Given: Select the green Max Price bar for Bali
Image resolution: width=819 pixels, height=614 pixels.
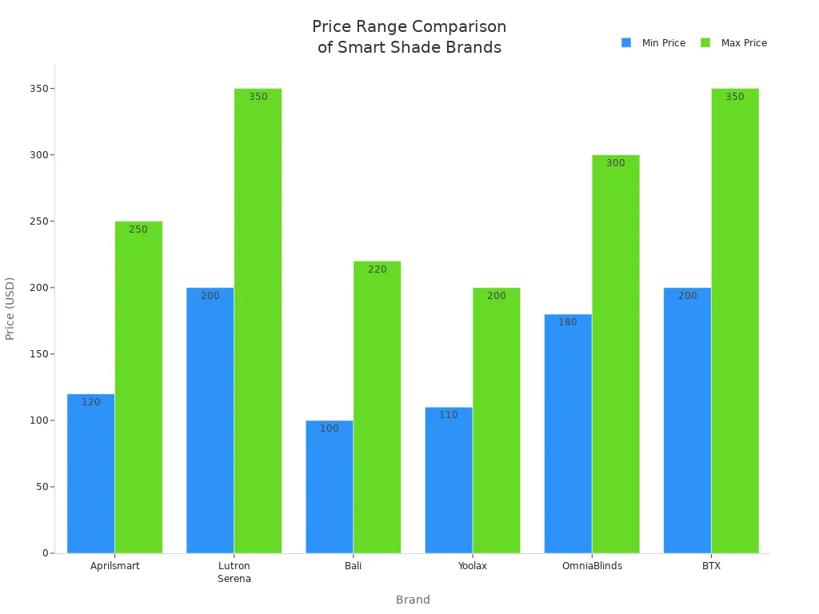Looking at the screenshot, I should [x=377, y=407].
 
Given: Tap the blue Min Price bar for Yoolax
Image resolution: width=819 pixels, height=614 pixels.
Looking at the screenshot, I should [x=448, y=480].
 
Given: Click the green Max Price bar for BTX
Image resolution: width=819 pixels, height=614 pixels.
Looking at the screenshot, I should [x=734, y=321].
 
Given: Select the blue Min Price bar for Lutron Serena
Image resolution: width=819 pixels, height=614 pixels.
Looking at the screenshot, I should [x=210, y=420].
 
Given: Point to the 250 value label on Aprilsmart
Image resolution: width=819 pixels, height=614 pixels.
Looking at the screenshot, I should [x=138, y=229].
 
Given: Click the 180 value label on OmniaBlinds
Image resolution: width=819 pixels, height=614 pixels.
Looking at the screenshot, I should [x=567, y=322].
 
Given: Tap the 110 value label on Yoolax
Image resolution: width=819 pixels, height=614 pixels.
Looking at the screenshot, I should [x=448, y=415].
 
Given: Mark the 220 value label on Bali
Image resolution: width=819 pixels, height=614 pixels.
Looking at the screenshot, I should [x=377, y=269].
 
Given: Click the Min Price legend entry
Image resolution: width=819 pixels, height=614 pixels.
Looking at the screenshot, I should [x=653, y=43].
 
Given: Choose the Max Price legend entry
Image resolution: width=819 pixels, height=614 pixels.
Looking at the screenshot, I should [x=733, y=43].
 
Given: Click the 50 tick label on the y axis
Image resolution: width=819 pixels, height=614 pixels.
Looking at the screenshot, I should [x=38, y=487].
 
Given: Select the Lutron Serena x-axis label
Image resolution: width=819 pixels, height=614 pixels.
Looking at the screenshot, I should [x=234, y=572].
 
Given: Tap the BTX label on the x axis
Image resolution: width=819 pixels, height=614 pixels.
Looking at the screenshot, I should [x=710, y=566].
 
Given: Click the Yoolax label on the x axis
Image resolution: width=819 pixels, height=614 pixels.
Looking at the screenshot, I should [x=472, y=566].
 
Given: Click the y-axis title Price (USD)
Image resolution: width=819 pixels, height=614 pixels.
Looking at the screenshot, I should [x=10, y=309].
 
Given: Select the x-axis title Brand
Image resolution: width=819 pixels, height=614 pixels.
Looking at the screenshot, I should [x=413, y=600].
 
